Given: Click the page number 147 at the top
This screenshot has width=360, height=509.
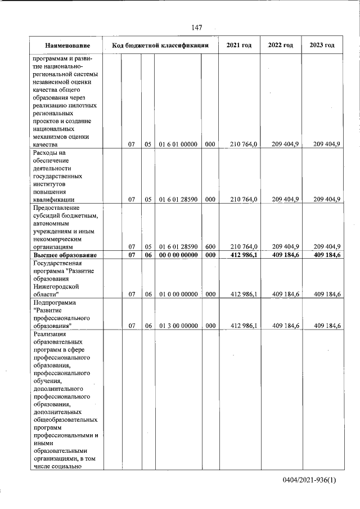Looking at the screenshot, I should pyautogui.click(x=196, y=28).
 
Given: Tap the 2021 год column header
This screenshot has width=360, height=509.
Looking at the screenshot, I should pyautogui.click(x=238, y=45).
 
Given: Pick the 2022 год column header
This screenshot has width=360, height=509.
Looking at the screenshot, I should pyautogui.click(x=281, y=45).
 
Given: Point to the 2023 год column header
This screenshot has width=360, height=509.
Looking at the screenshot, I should pyautogui.click(x=322, y=45).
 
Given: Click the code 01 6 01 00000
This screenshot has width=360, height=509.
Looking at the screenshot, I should pyautogui.click(x=178, y=145).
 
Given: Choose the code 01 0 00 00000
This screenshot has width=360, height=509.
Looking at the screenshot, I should pyautogui.click(x=178, y=294).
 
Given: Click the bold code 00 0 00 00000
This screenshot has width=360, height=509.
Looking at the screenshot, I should pyautogui.click(x=178, y=255).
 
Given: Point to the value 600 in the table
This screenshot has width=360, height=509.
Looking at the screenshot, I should pyautogui.click(x=209, y=246).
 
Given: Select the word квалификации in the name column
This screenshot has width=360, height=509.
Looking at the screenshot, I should pyautogui.click(x=55, y=199).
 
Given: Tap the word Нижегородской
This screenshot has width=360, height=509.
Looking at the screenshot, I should pyautogui.click(x=58, y=286).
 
